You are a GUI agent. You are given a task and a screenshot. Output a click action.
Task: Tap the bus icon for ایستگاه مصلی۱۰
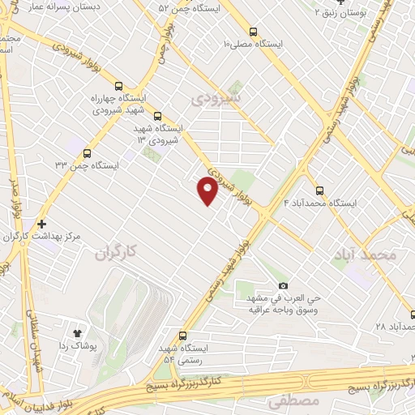[254, 32]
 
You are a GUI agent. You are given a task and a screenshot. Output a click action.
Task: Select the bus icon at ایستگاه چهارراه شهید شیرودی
[119, 86]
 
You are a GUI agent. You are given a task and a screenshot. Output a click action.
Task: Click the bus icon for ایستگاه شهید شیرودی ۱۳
[157, 115]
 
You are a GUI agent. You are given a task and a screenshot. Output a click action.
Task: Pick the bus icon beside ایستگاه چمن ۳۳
[87, 151]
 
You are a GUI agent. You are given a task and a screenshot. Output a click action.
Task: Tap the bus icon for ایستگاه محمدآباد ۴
[319, 190]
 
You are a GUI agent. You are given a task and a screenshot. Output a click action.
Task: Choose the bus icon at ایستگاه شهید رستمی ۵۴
[182, 336]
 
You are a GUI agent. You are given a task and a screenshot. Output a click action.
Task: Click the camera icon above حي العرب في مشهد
[282, 285]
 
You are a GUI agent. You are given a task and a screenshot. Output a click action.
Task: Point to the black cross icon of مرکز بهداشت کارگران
[41, 223]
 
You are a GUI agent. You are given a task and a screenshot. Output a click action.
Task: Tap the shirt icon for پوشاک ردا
[78, 332]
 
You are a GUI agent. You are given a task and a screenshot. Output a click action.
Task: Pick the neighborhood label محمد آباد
[365, 255]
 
